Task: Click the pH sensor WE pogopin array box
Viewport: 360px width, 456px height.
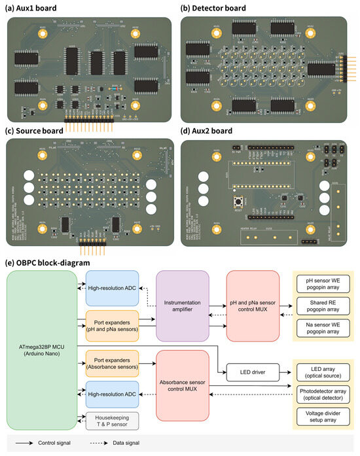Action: tap(323, 283)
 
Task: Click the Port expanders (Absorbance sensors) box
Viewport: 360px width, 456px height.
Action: tap(113, 362)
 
